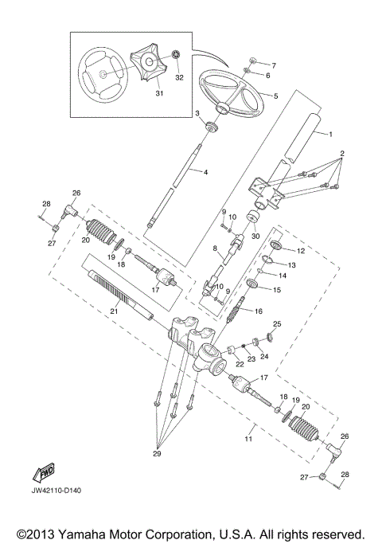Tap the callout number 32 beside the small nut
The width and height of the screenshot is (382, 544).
point(178,79)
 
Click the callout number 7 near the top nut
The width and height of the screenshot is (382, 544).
point(274,64)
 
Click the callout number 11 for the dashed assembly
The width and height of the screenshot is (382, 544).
point(248,439)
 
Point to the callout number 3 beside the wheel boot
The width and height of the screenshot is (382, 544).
point(197,114)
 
